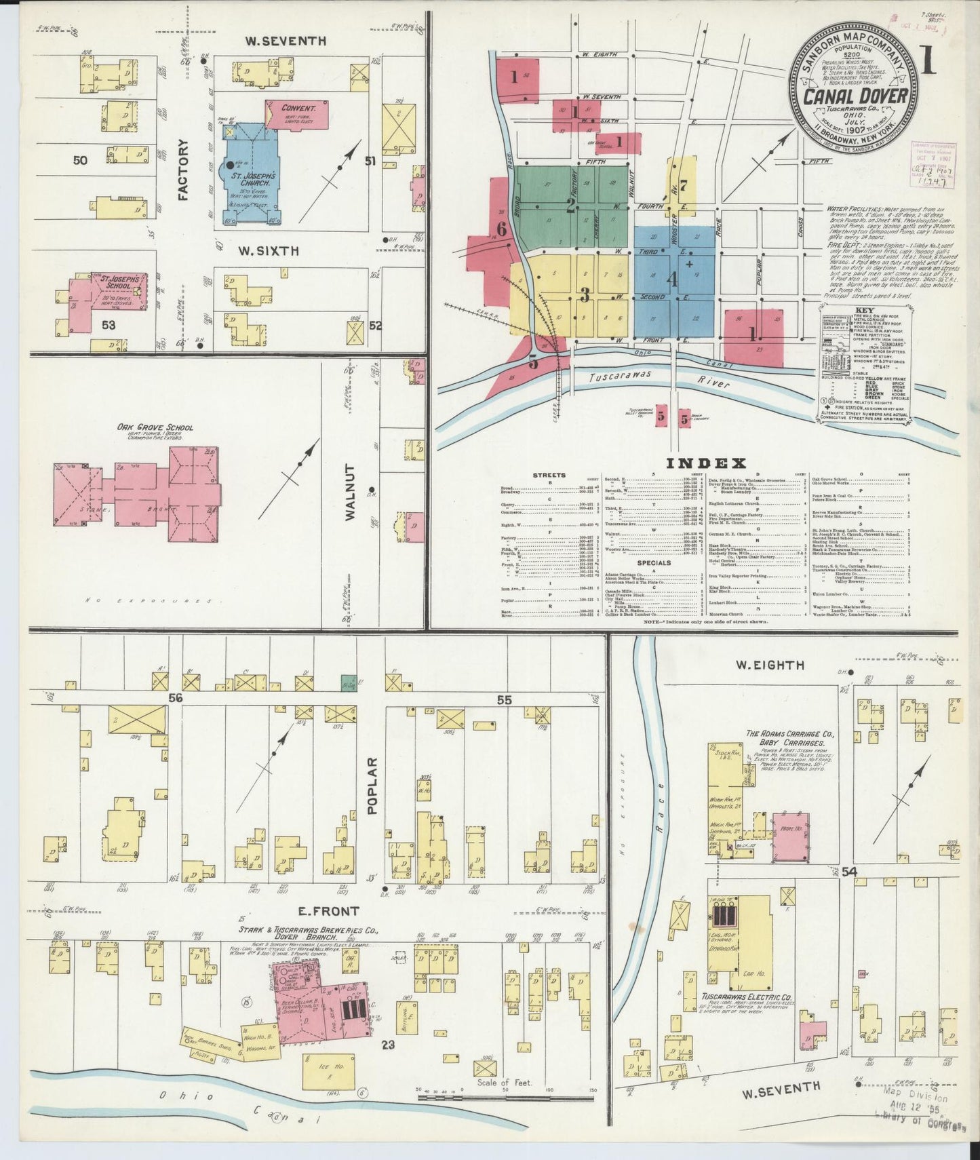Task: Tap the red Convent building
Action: (x=298, y=113)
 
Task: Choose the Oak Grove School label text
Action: (x=155, y=427)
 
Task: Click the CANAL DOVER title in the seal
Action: (x=855, y=96)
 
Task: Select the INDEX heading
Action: (x=706, y=463)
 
